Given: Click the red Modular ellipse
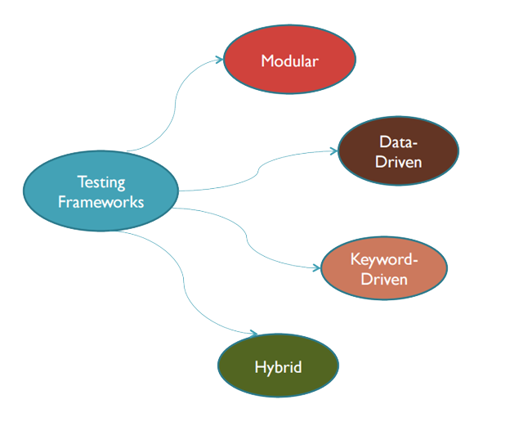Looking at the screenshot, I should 289,61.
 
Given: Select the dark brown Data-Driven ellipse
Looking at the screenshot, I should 398,151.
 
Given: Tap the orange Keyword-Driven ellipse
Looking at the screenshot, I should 383,270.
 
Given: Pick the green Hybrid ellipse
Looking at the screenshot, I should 278,366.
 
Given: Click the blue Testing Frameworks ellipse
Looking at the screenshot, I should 101,191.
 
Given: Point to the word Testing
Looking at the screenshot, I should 101,181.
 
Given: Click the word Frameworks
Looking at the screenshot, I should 101,200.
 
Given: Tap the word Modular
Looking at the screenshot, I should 289,61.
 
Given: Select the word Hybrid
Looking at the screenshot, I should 278,366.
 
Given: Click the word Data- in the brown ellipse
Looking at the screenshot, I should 398,141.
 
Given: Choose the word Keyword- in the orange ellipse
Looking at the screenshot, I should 383,260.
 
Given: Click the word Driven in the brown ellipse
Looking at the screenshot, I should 398,161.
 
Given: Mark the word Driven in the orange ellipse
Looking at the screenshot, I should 383,280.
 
